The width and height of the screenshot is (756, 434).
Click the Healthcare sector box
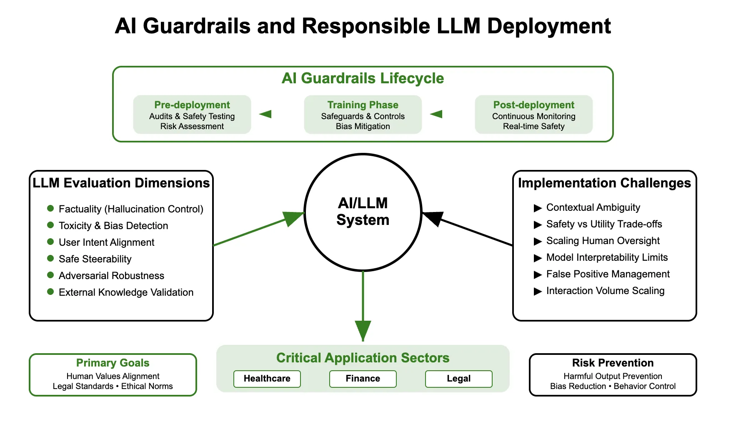[x=267, y=379]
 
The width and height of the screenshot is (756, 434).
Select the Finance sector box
[x=363, y=379]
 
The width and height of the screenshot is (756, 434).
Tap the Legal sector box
[x=458, y=379]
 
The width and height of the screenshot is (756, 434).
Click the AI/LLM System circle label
[x=363, y=212]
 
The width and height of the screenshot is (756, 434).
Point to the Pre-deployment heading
[x=192, y=105]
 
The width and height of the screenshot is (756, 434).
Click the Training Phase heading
[x=363, y=105]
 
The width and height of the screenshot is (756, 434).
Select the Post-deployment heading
[x=533, y=105]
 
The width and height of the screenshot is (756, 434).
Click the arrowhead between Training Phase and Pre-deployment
[x=265, y=114]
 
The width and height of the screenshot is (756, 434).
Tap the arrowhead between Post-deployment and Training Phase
[x=436, y=114]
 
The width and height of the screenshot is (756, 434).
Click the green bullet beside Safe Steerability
[x=50, y=258]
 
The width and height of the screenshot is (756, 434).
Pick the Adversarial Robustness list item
[x=111, y=276]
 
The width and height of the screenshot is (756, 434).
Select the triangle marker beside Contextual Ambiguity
[x=538, y=208]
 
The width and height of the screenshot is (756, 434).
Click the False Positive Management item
[x=608, y=274]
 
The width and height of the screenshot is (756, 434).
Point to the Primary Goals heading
[x=113, y=363]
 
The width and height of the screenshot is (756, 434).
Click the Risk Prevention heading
[x=613, y=363]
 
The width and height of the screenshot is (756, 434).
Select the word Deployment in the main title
[x=548, y=26]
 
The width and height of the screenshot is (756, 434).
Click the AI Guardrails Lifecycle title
[x=363, y=78]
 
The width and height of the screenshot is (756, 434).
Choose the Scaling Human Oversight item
[x=603, y=241]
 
